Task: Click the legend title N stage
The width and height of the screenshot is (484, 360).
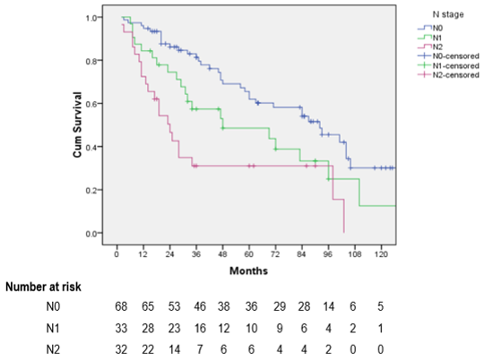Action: pos(448,14)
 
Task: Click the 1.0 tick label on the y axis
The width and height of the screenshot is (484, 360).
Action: pos(91,18)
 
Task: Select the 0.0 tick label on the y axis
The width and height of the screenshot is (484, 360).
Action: pos(91,234)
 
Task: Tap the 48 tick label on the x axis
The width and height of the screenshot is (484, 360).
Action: pos(222,254)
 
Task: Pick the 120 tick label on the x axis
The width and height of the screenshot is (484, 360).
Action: pos(381,254)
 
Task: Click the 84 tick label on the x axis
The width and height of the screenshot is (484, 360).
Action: pos(301,254)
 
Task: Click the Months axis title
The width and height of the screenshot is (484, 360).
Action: pos(249,270)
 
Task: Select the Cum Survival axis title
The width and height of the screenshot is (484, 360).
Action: pos(77,124)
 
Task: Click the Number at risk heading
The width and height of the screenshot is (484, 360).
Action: pos(43,287)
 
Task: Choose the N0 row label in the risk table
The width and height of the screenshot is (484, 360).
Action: pos(53,306)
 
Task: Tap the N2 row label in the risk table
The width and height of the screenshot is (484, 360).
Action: pos(53,349)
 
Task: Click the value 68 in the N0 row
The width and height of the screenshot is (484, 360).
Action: pos(121,306)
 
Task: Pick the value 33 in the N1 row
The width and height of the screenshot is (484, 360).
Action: pos(121,329)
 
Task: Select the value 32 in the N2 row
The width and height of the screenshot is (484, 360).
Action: pos(121,349)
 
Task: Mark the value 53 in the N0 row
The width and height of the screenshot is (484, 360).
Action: pos(174,306)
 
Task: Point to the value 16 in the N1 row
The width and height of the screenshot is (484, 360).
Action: pos(200,329)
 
